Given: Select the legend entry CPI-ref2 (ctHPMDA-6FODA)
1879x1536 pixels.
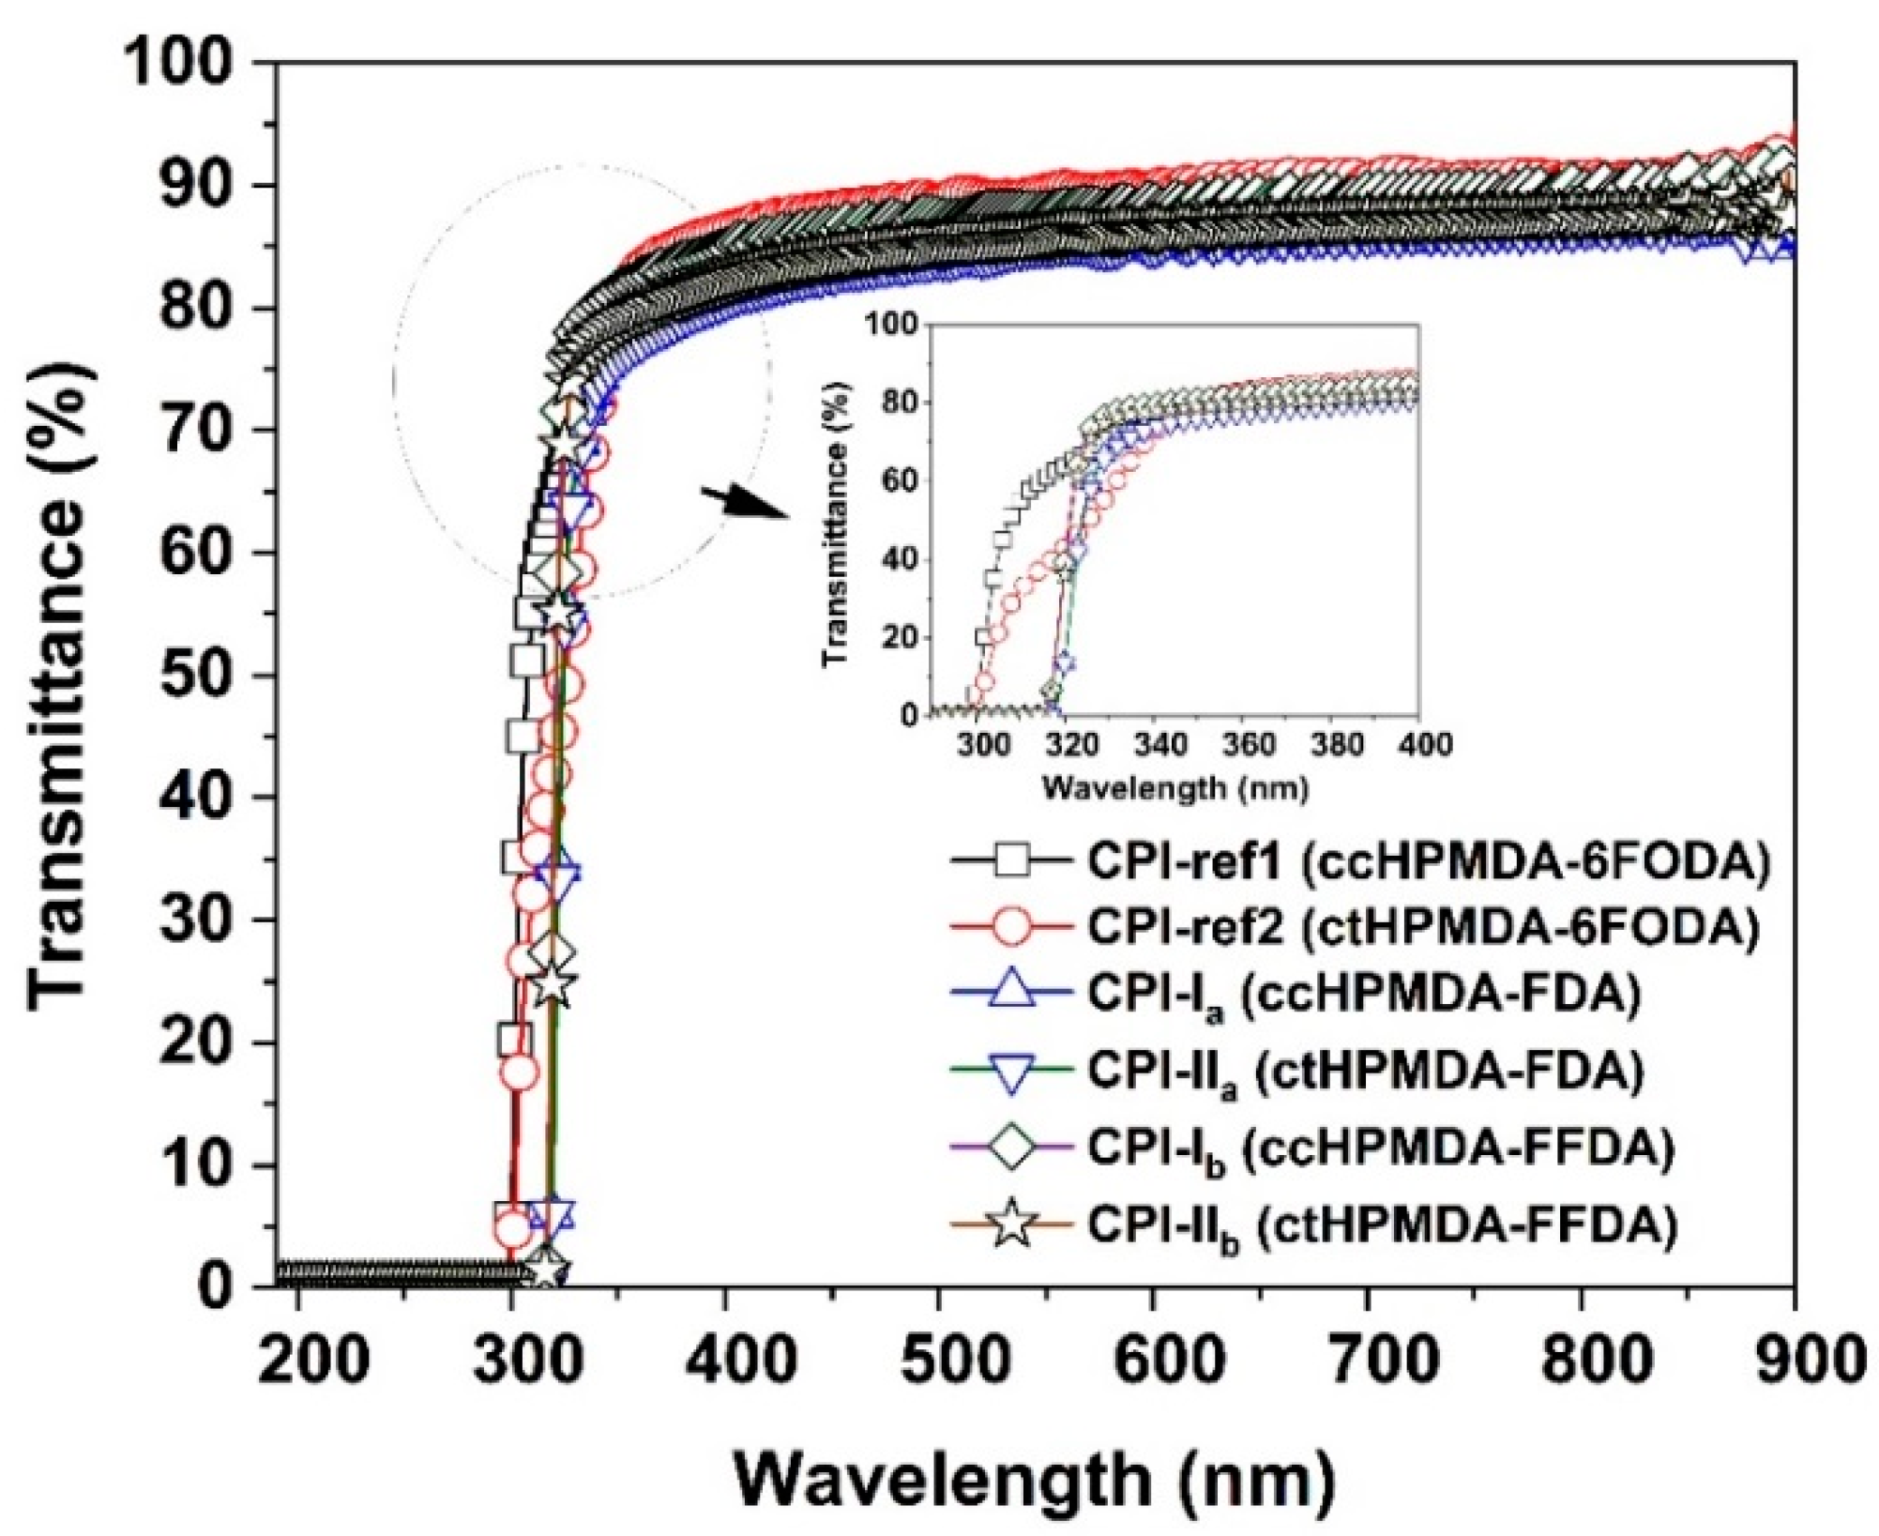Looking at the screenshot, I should [1422, 927].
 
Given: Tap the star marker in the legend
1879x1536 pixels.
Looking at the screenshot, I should [1011, 1224].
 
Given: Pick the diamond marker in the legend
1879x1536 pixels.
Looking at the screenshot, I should [1011, 1148].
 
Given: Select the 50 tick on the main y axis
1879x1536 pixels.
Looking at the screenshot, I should [195, 676].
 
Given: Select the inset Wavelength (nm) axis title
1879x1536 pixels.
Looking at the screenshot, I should [1174, 788].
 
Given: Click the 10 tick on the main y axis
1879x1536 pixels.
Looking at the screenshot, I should [195, 1165].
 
